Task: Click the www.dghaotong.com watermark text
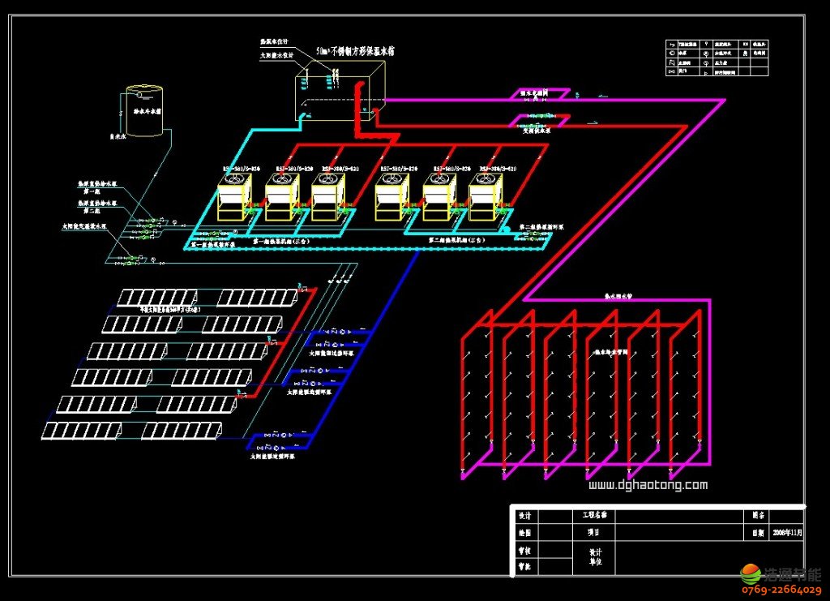(x=647, y=485)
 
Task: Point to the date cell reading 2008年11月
(x=785, y=533)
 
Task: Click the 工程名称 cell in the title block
(x=594, y=515)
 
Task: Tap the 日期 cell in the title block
(x=757, y=533)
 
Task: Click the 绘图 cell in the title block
(x=524, y=533)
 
